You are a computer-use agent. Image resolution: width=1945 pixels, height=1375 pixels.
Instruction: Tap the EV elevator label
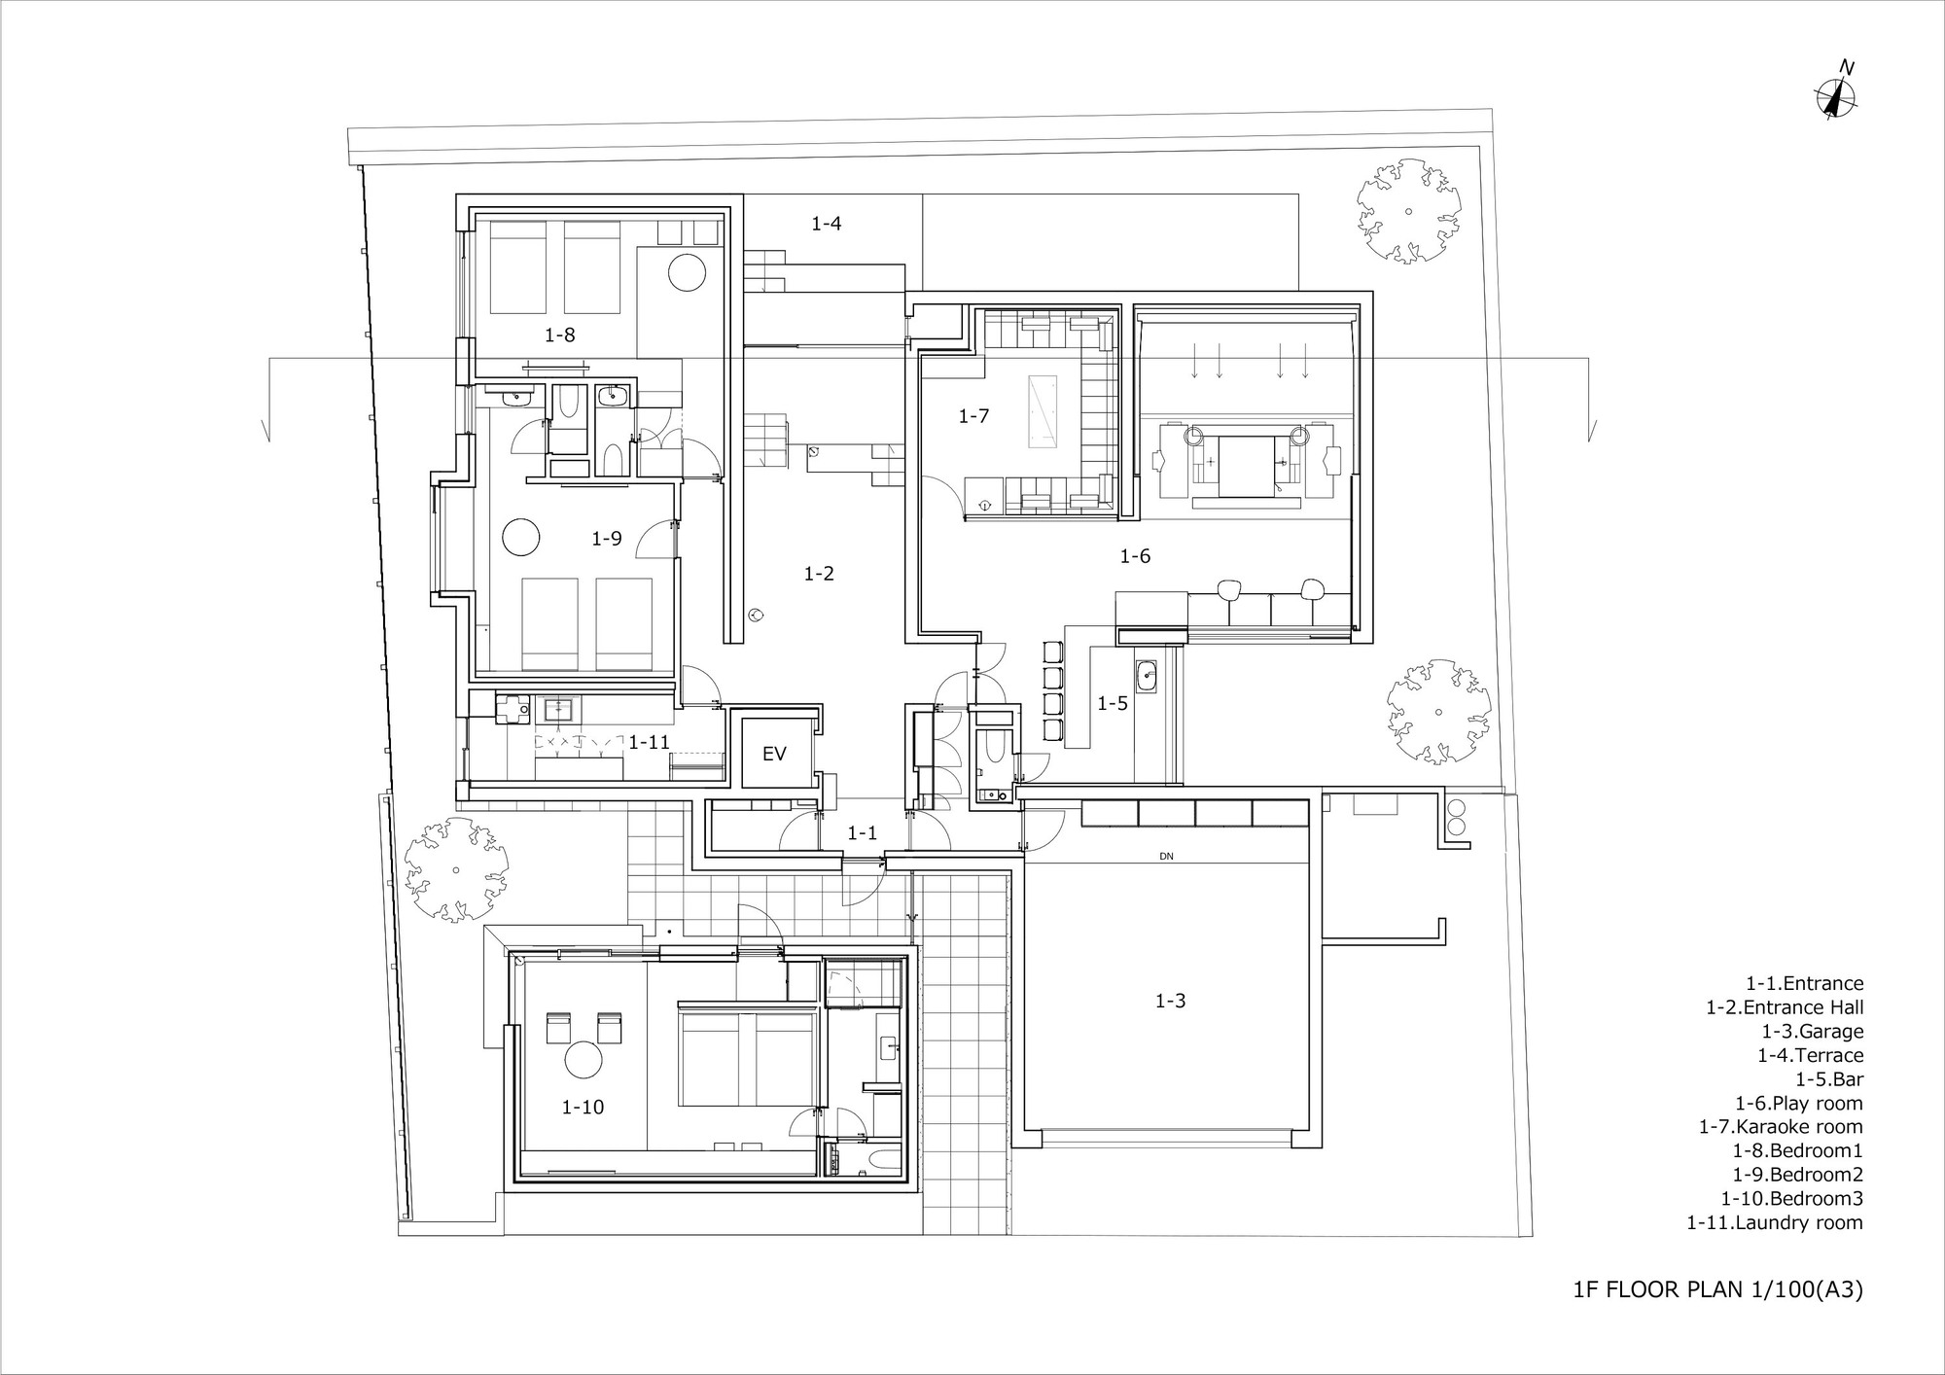click(774, 754)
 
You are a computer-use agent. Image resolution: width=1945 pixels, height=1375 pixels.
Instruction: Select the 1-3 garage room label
click(1170, 1001)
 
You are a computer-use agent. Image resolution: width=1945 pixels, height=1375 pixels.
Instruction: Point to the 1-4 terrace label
click(826, 224)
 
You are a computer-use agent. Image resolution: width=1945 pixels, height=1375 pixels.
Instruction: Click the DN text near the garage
click(1166, 857)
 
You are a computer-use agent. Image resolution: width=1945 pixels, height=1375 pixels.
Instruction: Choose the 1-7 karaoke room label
click(973, 416)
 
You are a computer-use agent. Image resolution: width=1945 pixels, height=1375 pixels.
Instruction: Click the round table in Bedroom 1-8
click(687, 271)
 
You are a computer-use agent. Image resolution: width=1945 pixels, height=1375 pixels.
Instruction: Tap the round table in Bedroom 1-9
click(520, 537)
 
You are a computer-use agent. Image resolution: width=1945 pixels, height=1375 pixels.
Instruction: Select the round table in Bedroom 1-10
click(584, 1059)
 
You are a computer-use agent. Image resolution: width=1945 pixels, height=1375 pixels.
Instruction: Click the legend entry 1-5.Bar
click(1829, 1079)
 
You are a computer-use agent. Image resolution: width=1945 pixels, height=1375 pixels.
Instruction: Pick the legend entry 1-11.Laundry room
click(1775, 1222)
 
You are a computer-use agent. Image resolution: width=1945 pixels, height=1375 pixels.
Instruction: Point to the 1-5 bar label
click(1113, 703)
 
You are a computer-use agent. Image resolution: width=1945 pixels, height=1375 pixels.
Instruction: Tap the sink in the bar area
click(1146, 675)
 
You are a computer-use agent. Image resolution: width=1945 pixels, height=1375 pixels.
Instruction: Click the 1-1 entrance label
click(862, 832)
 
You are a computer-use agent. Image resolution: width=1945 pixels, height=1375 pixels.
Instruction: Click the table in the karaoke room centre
click(1042, 411)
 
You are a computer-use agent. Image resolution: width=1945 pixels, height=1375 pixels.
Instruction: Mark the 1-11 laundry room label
click(649, 742)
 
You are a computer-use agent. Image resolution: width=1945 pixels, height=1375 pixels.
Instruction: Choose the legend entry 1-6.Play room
click(1799, 1103)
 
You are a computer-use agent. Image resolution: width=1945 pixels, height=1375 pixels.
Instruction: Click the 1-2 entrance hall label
click(819, 574)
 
